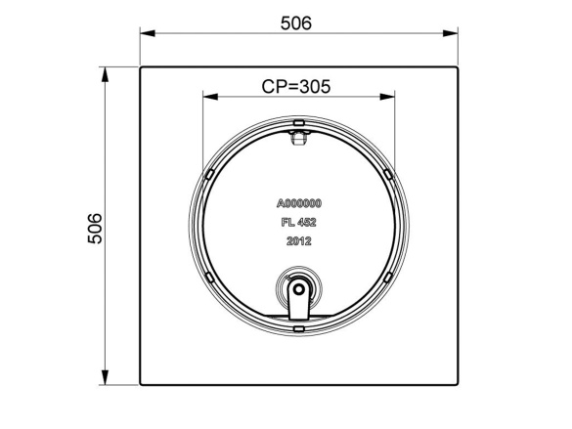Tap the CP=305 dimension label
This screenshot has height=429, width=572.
296,86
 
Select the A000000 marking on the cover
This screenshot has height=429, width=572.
299,203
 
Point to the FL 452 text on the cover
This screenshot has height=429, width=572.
298,222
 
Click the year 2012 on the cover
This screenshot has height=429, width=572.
298,240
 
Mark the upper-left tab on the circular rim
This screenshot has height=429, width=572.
208,173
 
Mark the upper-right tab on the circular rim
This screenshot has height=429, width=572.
389,173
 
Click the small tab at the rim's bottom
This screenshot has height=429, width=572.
298,329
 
